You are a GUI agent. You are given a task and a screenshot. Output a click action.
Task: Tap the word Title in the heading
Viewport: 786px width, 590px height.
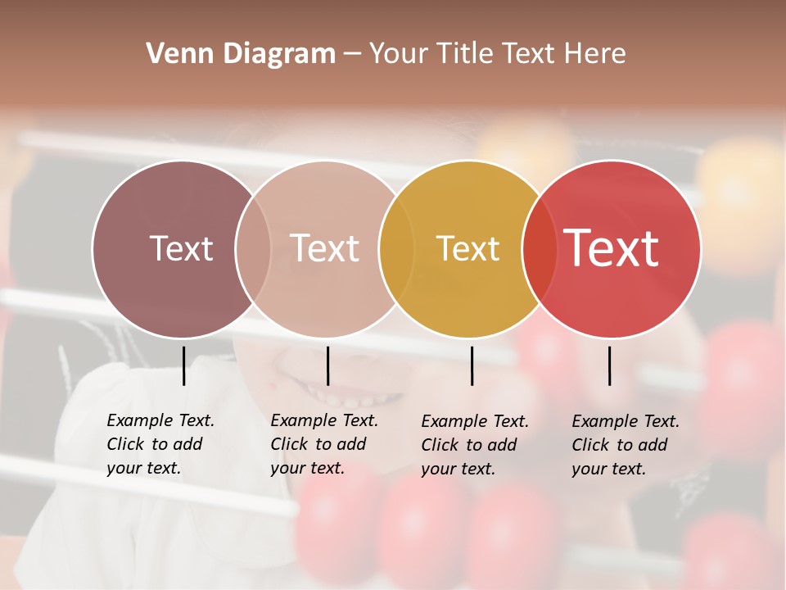click(463, 54)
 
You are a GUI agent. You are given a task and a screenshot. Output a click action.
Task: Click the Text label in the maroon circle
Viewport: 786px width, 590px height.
click(181, 248)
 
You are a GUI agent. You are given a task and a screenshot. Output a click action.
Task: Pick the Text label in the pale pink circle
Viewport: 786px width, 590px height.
click(324, 248)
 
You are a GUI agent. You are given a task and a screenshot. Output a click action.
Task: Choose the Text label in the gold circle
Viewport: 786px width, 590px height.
click(468, 249)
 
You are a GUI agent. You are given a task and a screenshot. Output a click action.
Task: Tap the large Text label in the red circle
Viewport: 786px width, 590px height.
click(612, 248)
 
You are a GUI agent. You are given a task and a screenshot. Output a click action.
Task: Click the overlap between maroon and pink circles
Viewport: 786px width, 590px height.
click(253, 249)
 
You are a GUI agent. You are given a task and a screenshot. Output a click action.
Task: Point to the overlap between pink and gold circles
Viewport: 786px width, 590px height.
click(396, 249)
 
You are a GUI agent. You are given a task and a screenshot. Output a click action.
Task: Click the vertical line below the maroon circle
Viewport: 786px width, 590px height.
click(183, 365)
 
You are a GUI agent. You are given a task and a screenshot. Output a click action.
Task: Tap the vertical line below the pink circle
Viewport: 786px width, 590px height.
click(327, 365)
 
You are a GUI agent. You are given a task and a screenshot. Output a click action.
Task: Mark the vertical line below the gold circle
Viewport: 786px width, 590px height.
click(472, 365)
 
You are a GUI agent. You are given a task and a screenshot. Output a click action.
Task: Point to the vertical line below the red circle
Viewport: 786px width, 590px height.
click(609, 365)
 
